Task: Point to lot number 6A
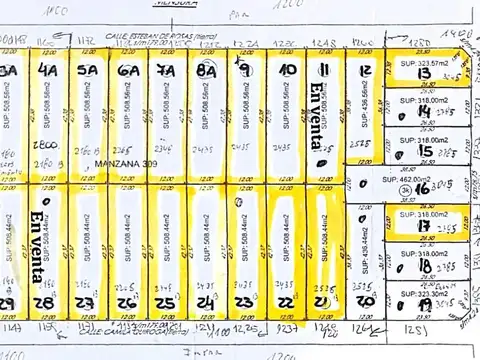pos(128,71)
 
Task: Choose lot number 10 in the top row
pos(287,70)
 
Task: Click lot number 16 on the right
pos(423,187)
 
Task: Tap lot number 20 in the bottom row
pos(365,300)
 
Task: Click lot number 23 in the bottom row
pos(243,300)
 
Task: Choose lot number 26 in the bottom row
pos(126,302)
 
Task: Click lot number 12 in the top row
pos(365,70)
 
